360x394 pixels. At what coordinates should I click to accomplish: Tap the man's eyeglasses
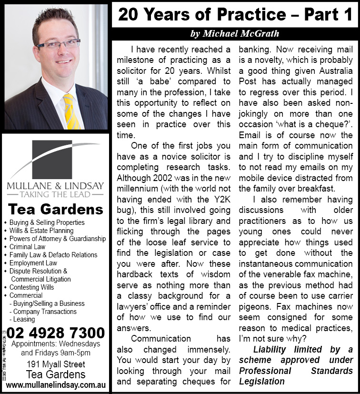point(58,45)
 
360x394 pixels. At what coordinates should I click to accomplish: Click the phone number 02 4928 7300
point(56,332)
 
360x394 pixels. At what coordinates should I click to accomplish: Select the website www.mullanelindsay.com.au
point(56,384)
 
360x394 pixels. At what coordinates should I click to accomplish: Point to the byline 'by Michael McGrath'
point(234,33)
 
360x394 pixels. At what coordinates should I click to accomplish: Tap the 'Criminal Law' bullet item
point(28,247)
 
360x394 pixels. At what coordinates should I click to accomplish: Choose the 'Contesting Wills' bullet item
point(32,287)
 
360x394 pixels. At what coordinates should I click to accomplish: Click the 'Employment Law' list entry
point(33,263)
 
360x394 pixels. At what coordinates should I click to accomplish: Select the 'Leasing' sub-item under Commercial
point(25,320)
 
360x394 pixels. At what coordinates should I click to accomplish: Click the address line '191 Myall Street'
point(56,364)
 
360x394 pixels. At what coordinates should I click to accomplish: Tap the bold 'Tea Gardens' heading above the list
point(56,209)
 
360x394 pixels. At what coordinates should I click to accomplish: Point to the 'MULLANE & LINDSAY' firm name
point(56,186)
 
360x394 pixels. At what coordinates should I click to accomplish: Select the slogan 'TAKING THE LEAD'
point(56,194)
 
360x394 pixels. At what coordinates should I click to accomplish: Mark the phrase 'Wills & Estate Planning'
point(41,231)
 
